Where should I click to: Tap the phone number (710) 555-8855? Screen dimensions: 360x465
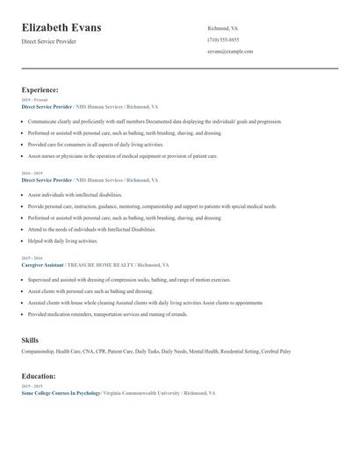pos(223,39)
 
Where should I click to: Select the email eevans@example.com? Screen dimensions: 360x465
pos(230,52)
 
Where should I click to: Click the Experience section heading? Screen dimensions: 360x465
pos(40,89)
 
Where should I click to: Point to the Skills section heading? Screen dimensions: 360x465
pos(30,340)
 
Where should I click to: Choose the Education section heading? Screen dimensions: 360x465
pos(39,376)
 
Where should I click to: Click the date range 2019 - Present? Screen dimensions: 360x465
pos(33,100)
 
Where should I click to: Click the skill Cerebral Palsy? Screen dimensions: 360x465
pos(276,352)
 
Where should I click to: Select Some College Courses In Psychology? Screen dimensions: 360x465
pos(61,394)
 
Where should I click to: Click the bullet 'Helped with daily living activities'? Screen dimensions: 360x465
pos(63,240)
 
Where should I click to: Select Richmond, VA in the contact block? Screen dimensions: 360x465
pos(223,28)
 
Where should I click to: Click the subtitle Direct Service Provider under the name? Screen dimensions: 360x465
pos(49,41)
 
